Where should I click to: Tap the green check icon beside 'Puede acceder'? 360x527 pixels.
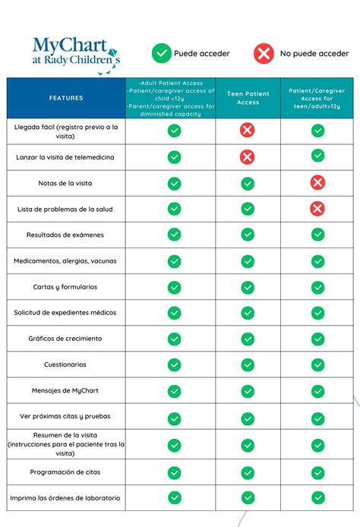pos(162,53)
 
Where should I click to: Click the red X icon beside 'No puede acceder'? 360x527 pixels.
pos(264,53)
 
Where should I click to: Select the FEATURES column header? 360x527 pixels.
pos(66,98)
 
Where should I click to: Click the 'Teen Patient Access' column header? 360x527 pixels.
pos(248,98)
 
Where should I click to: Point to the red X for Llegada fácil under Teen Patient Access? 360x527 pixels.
pos(248,131)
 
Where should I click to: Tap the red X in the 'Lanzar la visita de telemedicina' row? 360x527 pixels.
pos(248,157)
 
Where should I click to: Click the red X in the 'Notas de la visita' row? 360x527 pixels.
pos(317,182)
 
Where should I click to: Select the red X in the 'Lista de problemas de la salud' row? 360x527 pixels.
pos(317,208)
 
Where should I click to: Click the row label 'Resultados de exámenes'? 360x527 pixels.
pos(65,235)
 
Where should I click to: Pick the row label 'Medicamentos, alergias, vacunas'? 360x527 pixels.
pos(65,260)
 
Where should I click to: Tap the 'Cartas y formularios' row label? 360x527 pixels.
pos(65,287)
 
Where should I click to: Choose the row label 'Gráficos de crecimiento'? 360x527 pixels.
pos(65,339)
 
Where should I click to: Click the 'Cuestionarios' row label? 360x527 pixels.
pos(65,364)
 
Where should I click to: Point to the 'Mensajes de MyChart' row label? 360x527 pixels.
pos(65,390)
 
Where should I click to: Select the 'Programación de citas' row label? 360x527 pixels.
pos(65,472)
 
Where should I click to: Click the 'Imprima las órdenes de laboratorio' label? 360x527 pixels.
pos(65,498)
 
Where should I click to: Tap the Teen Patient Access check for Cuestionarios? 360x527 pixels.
pos(248,365)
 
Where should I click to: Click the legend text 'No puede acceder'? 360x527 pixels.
pos(314,53)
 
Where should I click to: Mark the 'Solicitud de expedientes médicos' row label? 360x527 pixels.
pos(65,313)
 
